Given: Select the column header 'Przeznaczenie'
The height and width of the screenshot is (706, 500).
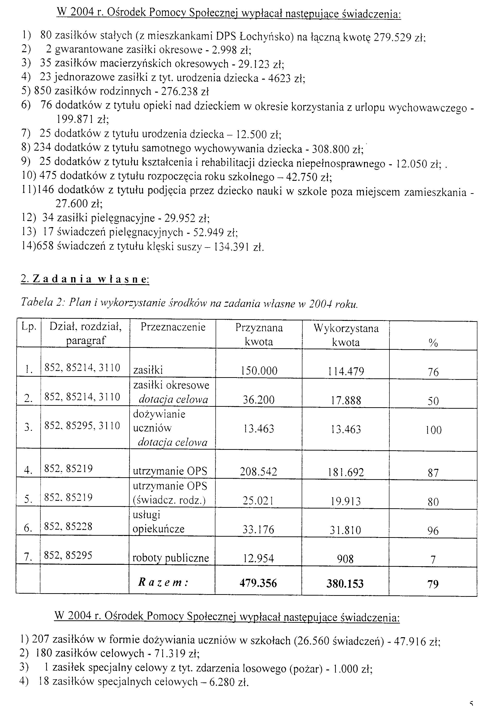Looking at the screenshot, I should [x=173, y=327].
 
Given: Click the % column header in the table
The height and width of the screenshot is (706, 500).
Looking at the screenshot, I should [x=433, y=343].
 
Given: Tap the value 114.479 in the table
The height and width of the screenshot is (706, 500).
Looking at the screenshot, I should [x=346, y=371].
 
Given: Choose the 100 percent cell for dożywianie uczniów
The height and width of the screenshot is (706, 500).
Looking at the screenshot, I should [x=433, y=430].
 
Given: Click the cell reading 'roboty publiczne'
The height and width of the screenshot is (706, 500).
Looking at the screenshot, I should [x=171, y=558].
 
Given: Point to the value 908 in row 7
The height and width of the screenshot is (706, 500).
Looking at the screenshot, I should [x=345, y=559].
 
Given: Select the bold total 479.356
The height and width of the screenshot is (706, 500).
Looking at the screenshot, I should [x=258, y=583].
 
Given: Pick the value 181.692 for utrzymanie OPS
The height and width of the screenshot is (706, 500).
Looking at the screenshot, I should [x=346, y=472].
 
